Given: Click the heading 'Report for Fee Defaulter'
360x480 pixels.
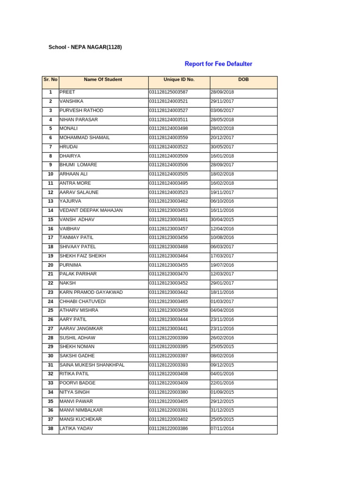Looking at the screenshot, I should point(218,64).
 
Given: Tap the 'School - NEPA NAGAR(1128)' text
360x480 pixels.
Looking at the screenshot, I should point(85,47).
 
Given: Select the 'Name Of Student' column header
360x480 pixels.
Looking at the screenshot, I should point(103,80).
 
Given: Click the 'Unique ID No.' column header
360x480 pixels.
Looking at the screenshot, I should point(179,80).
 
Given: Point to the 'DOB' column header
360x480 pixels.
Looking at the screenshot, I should point(243,80).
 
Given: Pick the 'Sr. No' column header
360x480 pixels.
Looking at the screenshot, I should point(50,80).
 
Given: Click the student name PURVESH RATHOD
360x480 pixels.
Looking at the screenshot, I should point(81,111).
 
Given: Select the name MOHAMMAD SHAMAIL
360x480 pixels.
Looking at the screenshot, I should point(84,138).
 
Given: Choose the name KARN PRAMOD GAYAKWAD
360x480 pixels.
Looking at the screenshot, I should point(91,292).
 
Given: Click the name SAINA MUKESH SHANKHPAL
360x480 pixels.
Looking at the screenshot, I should point(92,365).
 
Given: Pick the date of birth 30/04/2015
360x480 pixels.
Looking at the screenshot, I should point(222,219).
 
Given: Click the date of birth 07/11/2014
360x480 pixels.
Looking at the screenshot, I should point(222,428).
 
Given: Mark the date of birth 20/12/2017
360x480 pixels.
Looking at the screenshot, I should point(222,138).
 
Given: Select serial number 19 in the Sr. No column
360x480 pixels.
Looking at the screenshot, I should point(50,256).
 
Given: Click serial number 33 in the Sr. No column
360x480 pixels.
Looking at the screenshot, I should point(50,383).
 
